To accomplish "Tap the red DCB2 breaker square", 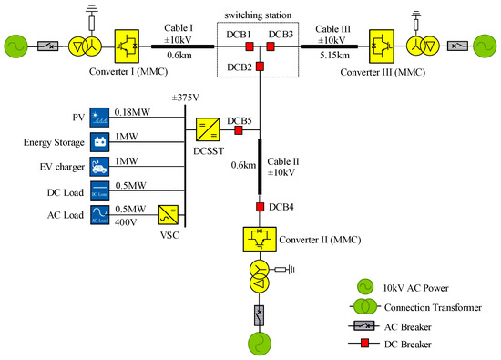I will click(260, 67).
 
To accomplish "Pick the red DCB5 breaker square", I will click(238, 130).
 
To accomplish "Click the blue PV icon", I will click(99, 118).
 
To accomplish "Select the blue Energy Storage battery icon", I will click(99, 142).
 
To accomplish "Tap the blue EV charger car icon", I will click(99, 167).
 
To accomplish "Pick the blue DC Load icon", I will click(99, 192).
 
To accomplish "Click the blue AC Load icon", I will click(99, 217).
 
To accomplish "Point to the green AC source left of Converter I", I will click(18, 45).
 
